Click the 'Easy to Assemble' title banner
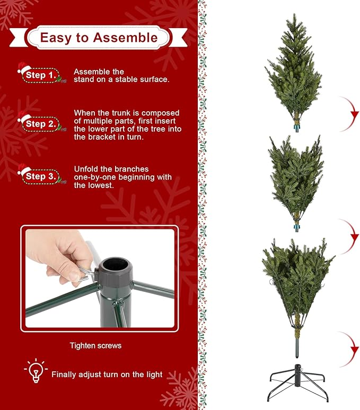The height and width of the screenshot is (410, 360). [x=99, y=38]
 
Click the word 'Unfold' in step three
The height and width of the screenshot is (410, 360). [x=86, y=169]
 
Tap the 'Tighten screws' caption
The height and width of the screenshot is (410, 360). [x=95, y=346]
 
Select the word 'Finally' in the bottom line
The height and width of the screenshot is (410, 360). [x=65, y=375]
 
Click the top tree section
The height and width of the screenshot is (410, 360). [x=294, y=74]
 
